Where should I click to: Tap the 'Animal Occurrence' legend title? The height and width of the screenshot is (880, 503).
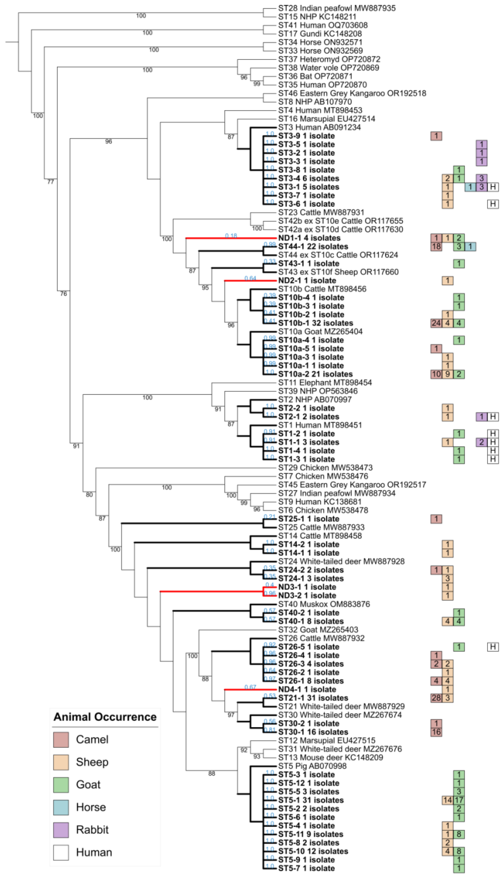click(x=105, y=717)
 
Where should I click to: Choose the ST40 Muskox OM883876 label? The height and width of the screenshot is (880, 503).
click(x=324, y=604)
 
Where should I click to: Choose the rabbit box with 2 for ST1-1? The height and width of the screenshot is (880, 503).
click(x=481, y=442)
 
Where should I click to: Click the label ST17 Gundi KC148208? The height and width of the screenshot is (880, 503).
click(x=320, y=34)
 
